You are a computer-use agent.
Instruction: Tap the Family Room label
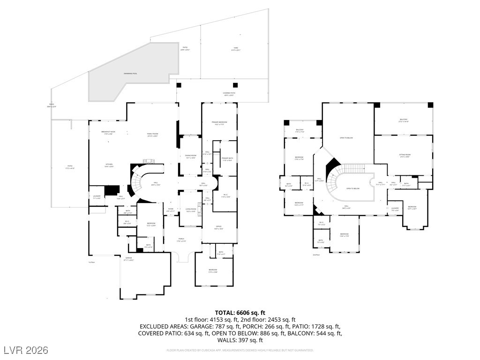152,135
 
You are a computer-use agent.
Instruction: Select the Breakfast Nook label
108,133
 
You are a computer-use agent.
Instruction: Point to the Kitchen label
108,165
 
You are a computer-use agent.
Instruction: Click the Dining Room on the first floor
190,157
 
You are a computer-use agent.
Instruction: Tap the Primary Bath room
227,160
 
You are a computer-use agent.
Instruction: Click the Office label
218,228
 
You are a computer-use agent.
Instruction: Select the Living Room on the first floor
190,210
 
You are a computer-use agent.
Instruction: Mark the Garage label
129,259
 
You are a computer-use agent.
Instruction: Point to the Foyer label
170,210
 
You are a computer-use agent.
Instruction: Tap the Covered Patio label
229,94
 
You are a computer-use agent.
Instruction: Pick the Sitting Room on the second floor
404,156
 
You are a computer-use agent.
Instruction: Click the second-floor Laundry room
395,209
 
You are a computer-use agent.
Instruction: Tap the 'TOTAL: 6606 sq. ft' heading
240,313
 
